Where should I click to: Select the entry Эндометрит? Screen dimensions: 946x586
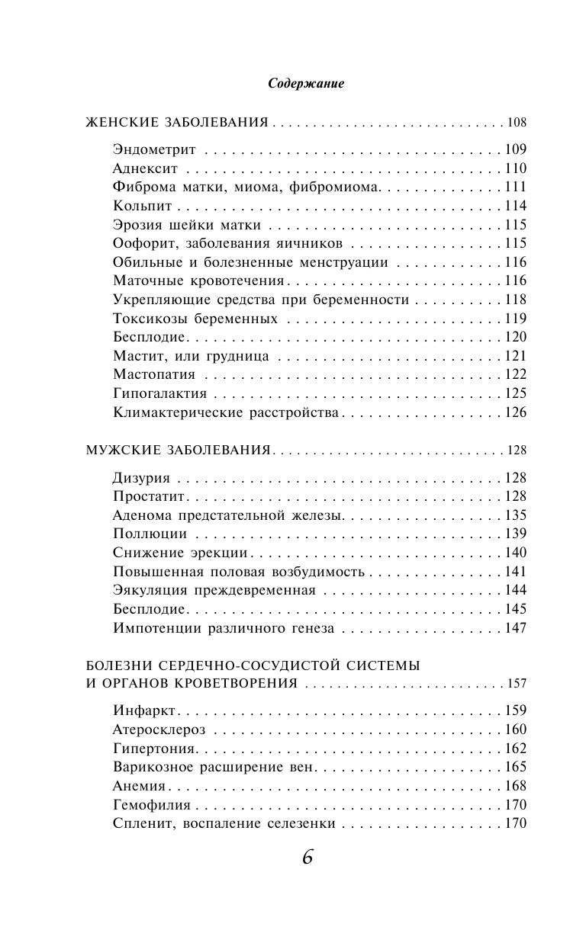tap(154, 149)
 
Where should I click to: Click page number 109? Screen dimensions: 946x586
tap(516, 149)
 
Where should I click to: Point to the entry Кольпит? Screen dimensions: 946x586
tap(143, 206)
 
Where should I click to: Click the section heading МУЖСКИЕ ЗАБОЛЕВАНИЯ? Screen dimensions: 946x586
tap(179, 451)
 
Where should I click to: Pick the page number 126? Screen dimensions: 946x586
tap(516, 412)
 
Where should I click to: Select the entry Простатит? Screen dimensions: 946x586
tap(149, 496)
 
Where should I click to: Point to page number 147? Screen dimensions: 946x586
tap(516, 628)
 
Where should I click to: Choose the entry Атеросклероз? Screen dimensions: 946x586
tap(159, 730)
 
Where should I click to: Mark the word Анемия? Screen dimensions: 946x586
tap(140, 786)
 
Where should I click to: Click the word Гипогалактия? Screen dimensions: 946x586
tap(159, 393)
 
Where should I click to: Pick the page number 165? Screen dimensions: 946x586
tap(516, 767)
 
